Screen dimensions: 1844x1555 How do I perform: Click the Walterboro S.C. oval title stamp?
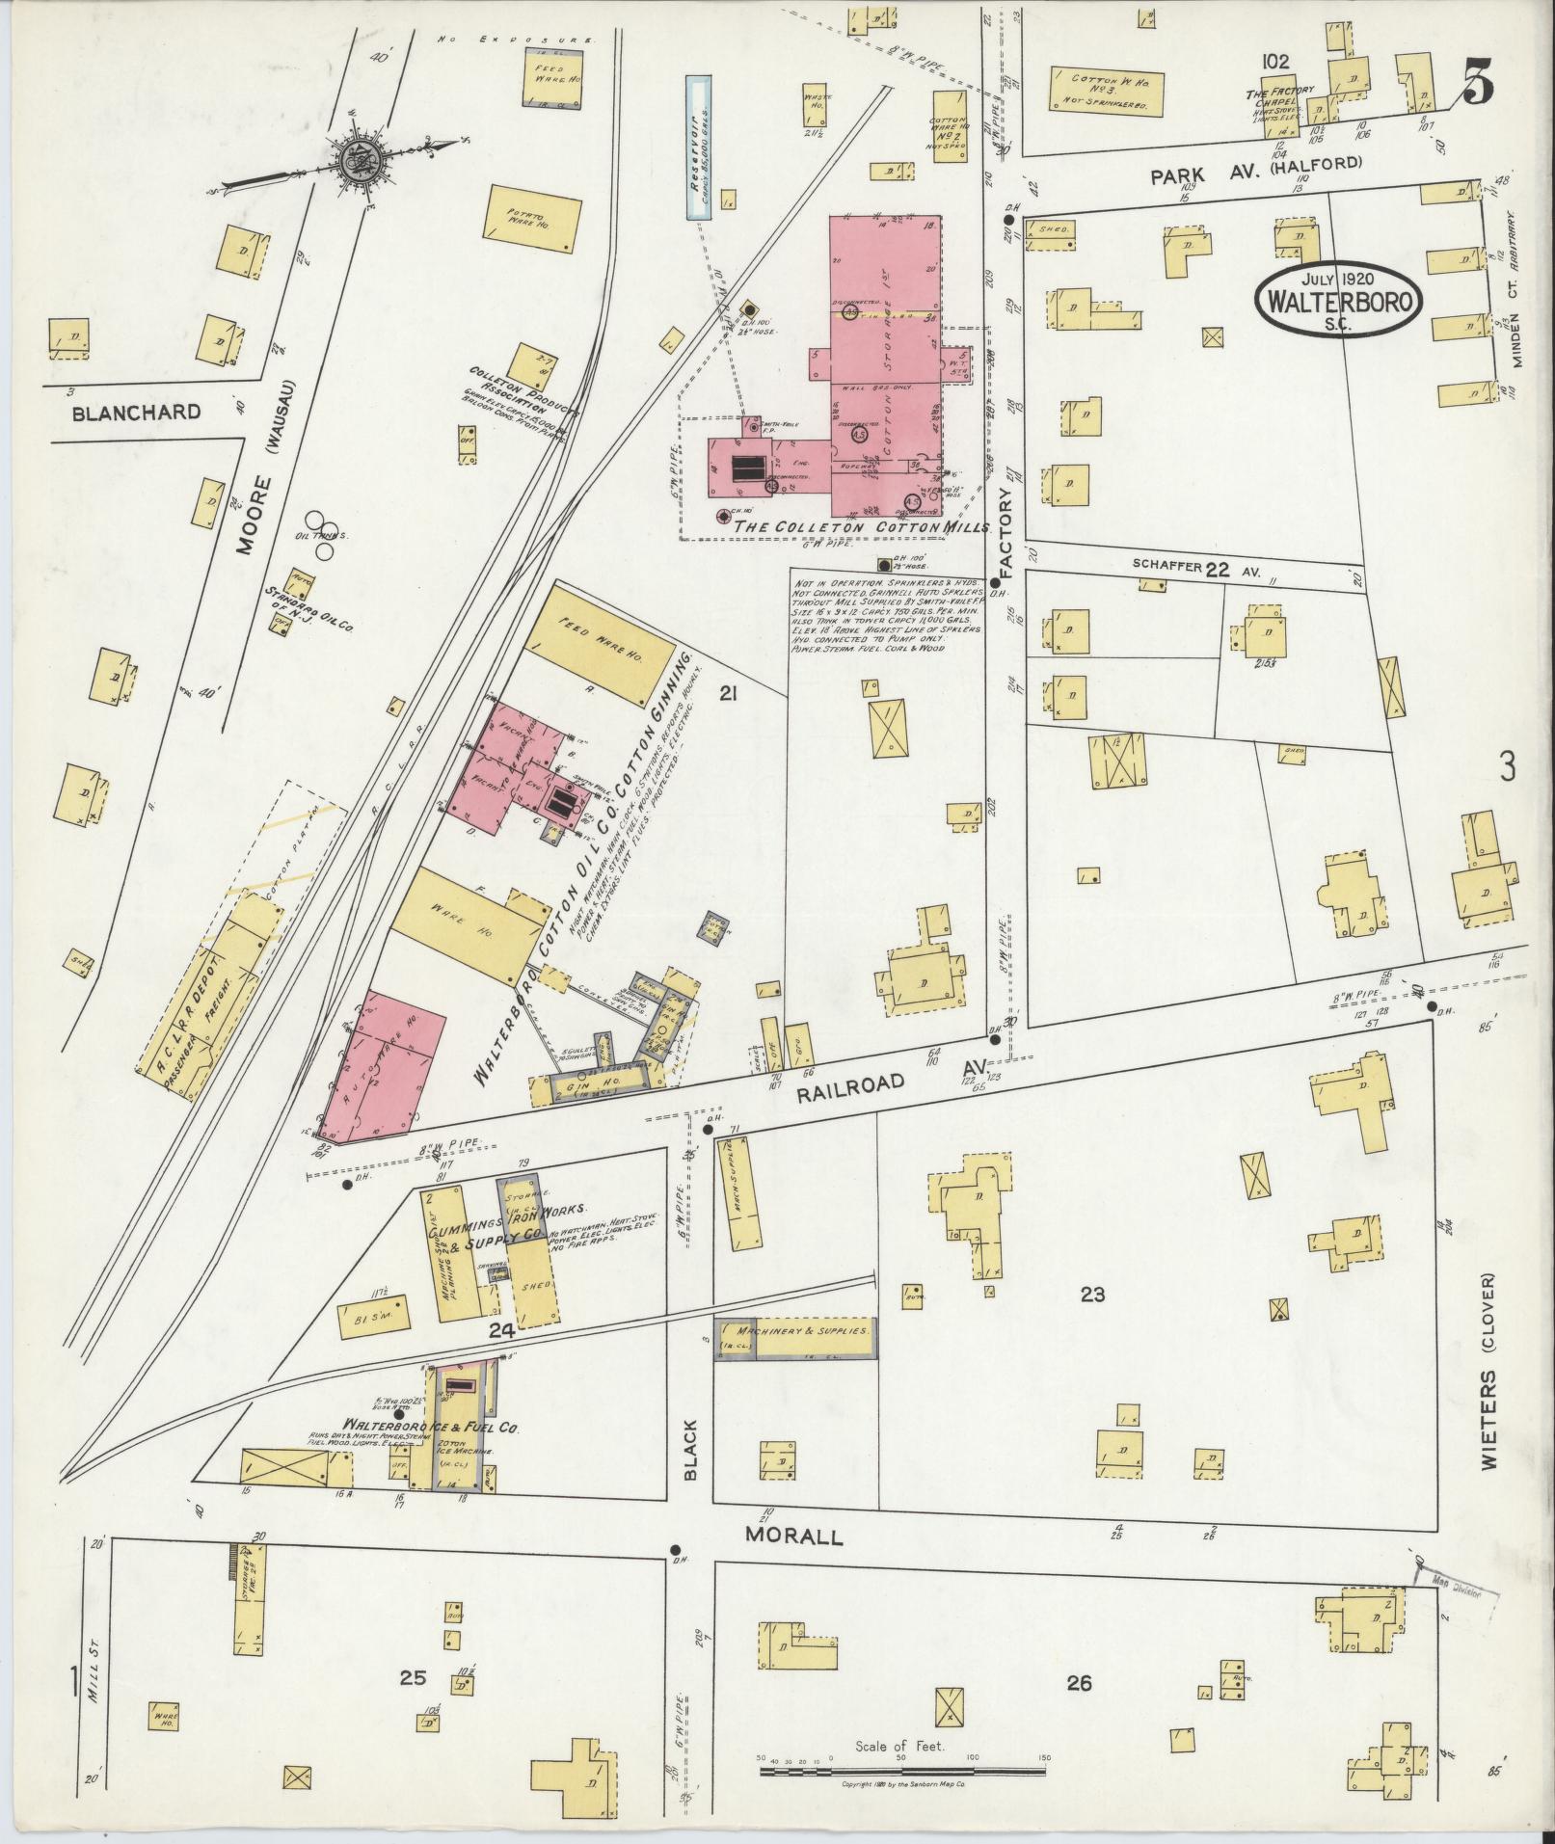click(x=1339, y=301)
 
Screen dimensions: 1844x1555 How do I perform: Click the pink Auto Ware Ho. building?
click(x=384, y=1063)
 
